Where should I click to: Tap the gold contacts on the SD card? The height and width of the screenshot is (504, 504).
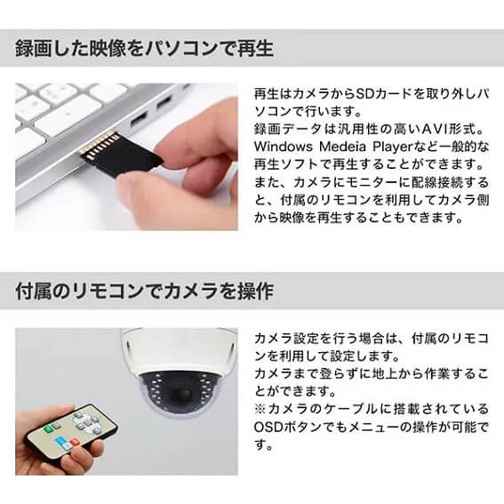[x=100, y=146]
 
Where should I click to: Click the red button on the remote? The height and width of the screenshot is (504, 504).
[x=75, y=443]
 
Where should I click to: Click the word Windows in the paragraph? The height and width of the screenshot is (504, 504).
[x=283, y=147]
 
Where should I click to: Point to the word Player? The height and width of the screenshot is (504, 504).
[x=392, y=148]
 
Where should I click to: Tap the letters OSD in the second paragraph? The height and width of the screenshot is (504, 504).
[x=268, y=428]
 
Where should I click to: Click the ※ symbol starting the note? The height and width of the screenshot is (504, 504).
[x=260, y=409]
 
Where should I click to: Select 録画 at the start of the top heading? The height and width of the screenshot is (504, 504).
[x=33, y=49]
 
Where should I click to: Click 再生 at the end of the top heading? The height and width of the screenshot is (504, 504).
[x=255, y=49]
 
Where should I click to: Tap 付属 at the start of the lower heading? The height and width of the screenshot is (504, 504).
[x=34, y=292]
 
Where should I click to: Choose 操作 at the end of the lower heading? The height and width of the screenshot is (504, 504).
[x=255, y=292]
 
